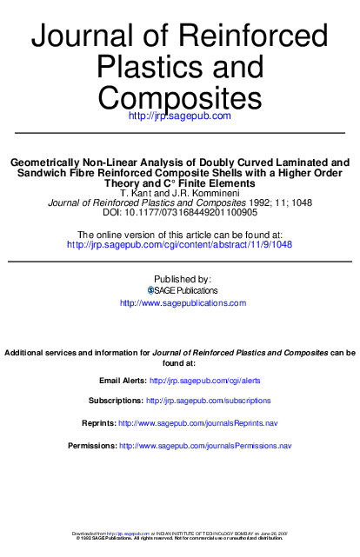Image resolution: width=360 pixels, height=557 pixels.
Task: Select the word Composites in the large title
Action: tap(179, 95)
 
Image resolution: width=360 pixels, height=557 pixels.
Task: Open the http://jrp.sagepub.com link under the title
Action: tap(179, 116)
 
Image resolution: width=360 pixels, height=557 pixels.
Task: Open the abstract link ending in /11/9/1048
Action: tap(179, 245)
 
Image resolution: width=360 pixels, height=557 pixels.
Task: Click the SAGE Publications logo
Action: tap(182, 290)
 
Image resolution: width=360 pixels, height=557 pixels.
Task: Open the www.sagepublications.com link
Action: tap(183, 303)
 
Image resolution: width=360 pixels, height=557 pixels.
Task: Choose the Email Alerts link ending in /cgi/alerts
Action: tap(204, 381)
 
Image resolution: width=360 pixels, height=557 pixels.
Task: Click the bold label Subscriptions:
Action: tap(116, 401)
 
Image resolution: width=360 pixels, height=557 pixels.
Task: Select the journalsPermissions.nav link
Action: tap(204, 446)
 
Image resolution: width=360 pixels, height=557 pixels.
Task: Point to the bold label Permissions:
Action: tap(91, 446)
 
